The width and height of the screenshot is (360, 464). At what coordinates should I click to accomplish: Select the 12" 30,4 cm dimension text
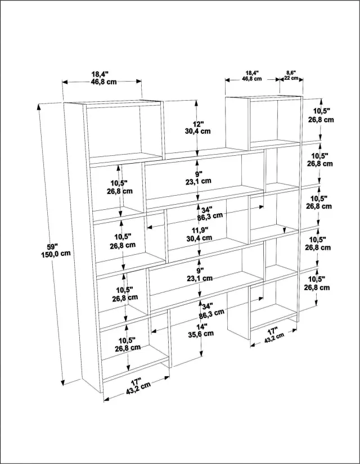click(198, 128)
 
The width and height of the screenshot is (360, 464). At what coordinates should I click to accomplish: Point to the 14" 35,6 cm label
click(201, 330)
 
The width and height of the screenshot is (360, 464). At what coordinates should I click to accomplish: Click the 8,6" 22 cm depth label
click(291, 75)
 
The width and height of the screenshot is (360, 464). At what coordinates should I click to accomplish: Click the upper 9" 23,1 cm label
click(199, 177)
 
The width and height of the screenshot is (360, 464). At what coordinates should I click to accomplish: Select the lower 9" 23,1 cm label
click(200, 274)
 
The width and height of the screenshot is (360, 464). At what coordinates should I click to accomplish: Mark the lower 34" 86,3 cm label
click(211, 310)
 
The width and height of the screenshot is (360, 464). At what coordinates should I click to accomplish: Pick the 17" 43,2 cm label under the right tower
click(273, 334)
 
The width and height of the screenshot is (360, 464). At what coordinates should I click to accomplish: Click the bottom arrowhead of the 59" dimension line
click(63, 381)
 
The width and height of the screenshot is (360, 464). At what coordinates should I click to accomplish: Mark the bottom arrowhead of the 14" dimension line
click(201, 353)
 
